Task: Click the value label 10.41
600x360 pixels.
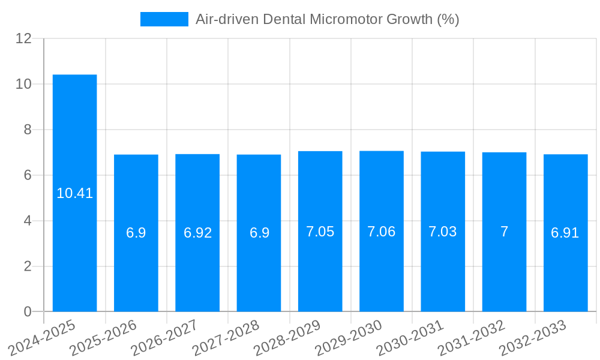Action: (75, 193)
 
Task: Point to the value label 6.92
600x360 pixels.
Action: (197, 233)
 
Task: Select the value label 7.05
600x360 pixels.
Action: (320, 232)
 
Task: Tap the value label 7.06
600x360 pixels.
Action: (382, 232)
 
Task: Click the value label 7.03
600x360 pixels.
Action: (443, 232)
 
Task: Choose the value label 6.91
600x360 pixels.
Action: (565, 233)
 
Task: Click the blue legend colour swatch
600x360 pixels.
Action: (164, 19)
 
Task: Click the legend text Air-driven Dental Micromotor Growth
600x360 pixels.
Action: (327, 19)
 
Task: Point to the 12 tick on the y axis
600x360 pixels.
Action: (24, 38)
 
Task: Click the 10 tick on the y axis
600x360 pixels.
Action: (24, 84)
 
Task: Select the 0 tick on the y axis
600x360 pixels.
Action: (28, 311)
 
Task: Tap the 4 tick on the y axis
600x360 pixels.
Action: (28, 221)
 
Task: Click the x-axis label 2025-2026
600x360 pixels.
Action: (104, 338)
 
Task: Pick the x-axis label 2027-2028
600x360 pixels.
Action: (227, 338)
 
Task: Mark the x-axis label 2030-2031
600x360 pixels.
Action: (411, 338)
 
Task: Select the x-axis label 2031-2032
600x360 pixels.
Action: (472, 338)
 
